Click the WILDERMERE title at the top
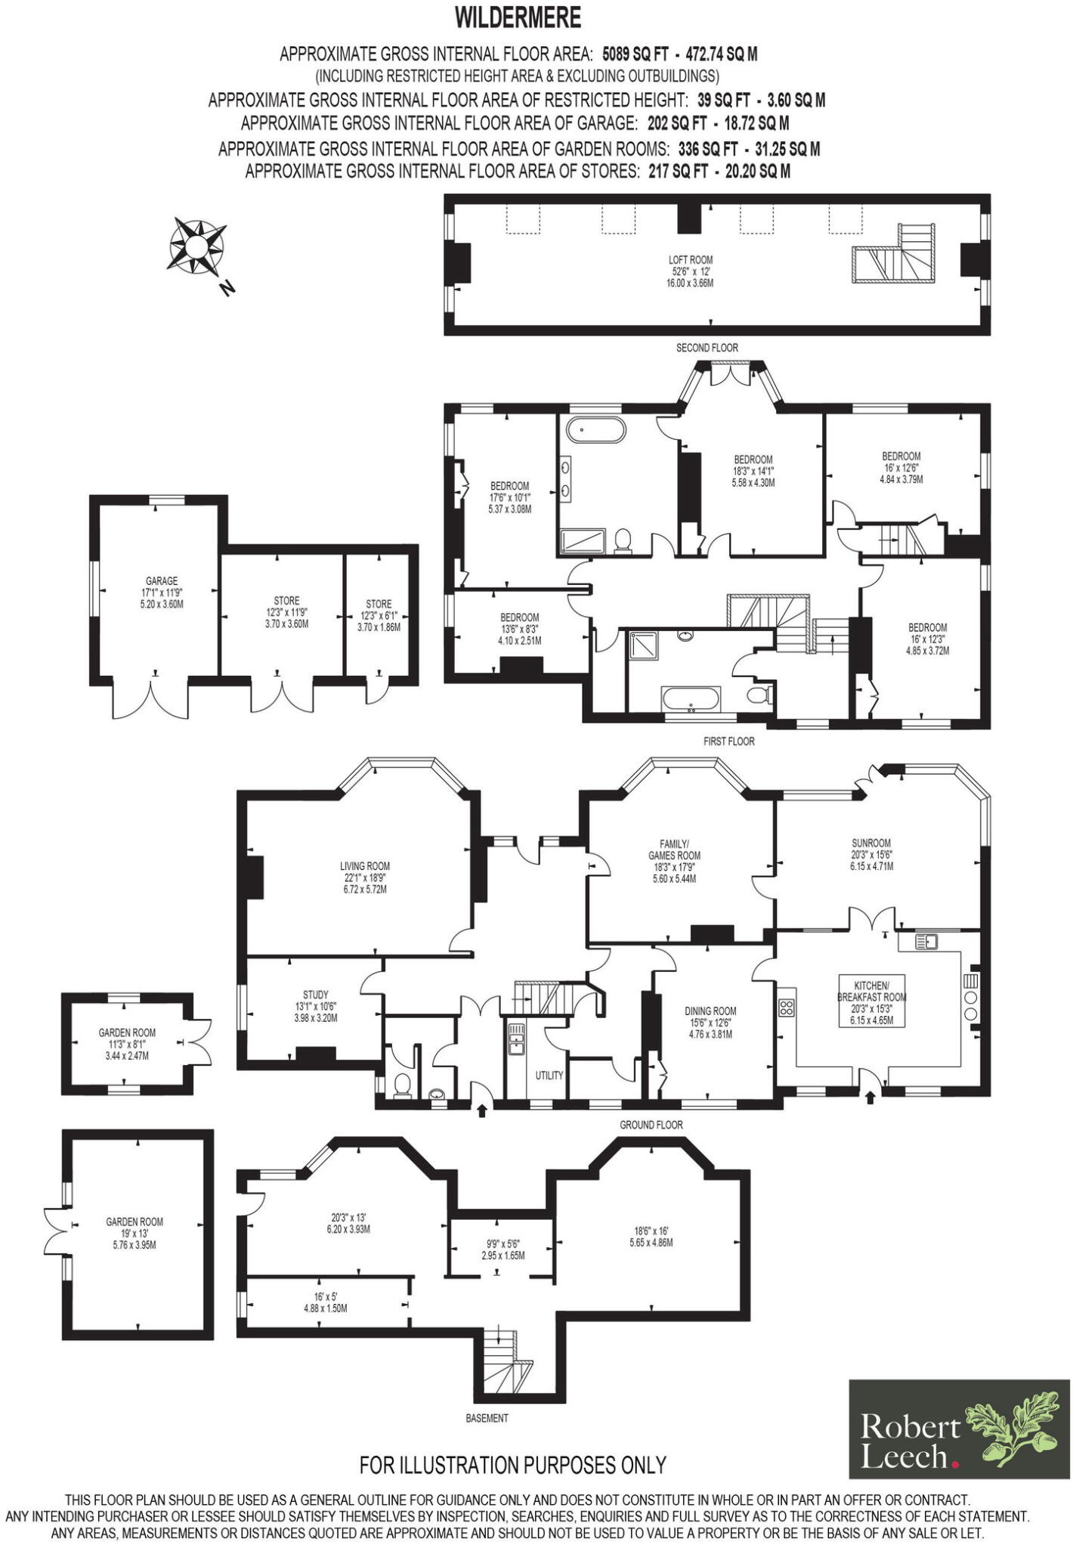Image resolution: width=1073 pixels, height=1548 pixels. pyautogui.click(x=518, y=17)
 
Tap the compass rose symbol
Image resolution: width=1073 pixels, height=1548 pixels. pyautogui.click(x=196, y=246)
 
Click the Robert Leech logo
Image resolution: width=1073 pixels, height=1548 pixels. pyautogui.click(x=959, y=1429)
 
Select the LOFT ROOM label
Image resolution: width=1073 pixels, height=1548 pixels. pyautogui.click(x=690, y=259)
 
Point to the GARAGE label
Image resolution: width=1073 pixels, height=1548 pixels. pyautogui.click(x=161, y=580)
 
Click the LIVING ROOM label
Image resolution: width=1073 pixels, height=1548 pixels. pyautogui.click(x=364, y=866)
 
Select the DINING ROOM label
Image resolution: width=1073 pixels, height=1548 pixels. pyautogui.click(x=710, y=1011)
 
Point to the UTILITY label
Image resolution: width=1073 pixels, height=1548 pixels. pyautogui.click(x=549, y=1075)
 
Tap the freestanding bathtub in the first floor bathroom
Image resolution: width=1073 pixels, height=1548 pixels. pyautogui.click(x=597, y=431)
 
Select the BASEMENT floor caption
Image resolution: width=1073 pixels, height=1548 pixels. pyautogui.click(x=487, y=1418)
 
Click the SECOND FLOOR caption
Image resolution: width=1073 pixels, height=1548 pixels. pyautogui.click(x=707, y=348)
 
